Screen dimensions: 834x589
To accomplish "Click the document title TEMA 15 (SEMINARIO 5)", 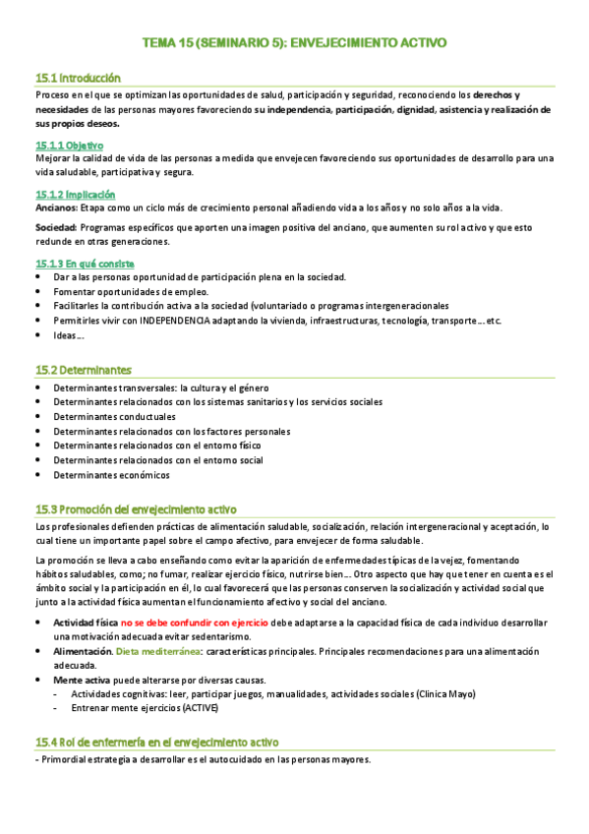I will tap(294, 43).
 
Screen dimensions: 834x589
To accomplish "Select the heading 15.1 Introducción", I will tap(78, 77).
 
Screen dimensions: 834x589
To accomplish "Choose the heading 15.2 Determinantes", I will tap(84, 370).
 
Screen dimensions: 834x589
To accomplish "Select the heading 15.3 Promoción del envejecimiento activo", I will tap(137, 509).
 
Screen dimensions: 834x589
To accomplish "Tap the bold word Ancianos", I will tap(55, 208).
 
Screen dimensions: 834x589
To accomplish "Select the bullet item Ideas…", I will tap(69, 335).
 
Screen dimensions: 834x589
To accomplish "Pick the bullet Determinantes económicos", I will tap(111, 475).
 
